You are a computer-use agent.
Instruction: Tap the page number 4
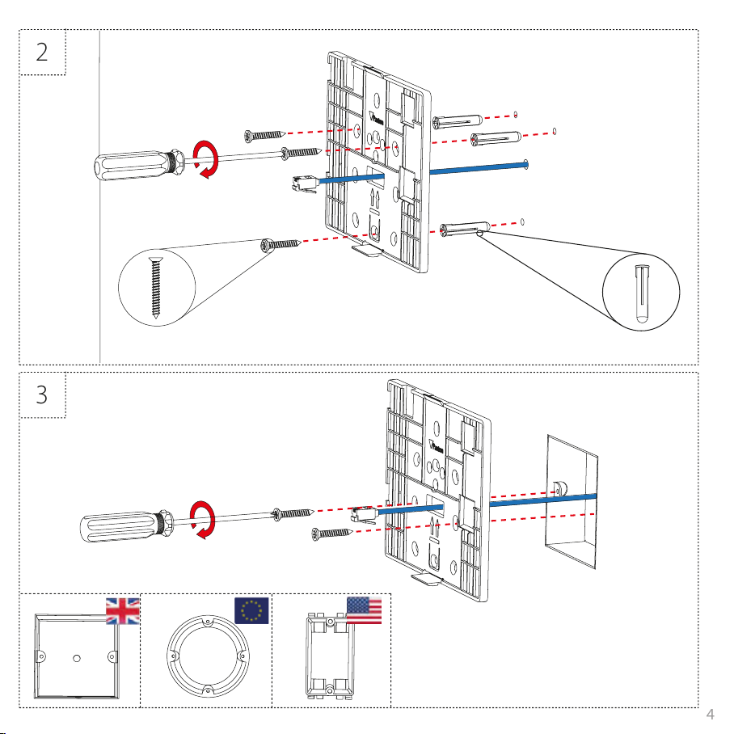[710, 714]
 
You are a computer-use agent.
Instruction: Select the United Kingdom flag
[123, 610]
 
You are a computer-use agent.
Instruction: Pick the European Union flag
[251, 610]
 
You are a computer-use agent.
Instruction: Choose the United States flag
[364, 610]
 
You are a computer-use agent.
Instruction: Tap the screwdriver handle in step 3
[120, 526]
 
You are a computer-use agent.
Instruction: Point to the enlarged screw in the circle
[154, 287]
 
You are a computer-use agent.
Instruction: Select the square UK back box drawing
[76, 657]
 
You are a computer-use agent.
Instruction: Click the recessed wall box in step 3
[572, 500]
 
